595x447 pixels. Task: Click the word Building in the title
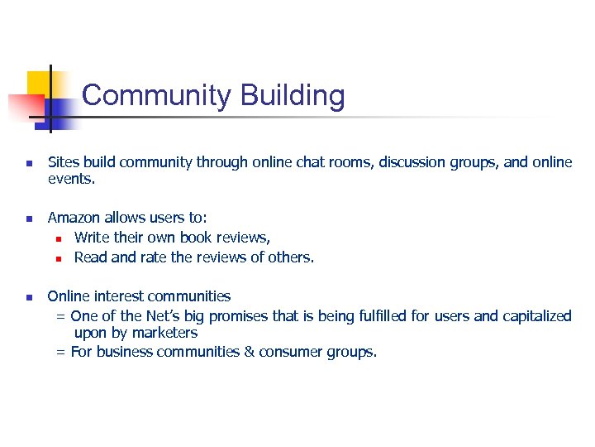tap(293, 96)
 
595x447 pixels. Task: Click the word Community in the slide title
tap(157, 96)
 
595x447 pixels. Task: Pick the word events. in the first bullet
tap(72, 178)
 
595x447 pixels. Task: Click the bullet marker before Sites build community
tap(28, 163)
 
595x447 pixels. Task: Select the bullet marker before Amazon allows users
tap(28, 219)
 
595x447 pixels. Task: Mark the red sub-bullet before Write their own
tap(59, 238)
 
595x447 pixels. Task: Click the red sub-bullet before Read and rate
tap(59, 258)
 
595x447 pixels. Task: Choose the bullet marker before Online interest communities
tap(28, 297)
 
